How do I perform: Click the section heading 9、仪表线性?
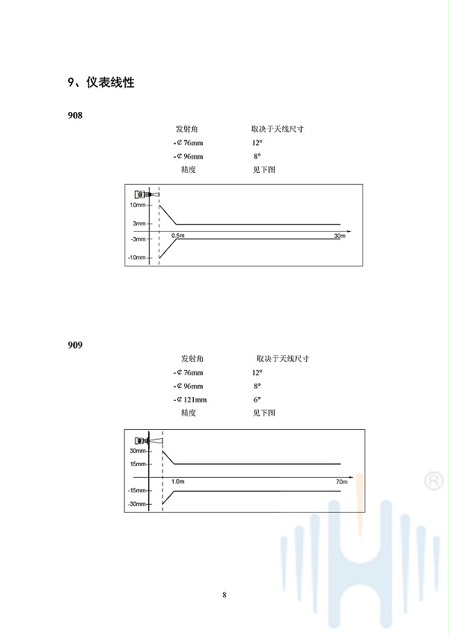tap(101, 82)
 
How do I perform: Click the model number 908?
tap(75, 116)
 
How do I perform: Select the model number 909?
tap(75, 345)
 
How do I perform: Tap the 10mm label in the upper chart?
tap(138, 205)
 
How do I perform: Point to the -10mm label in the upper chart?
tap(137, 257)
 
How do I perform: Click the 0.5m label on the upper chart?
tap(178, 236)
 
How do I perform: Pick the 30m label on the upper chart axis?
tap(340, 236)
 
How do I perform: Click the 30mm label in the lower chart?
tap(138, 451)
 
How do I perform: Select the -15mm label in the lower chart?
tap(137, 490)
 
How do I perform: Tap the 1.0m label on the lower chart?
tap(178, 481)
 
